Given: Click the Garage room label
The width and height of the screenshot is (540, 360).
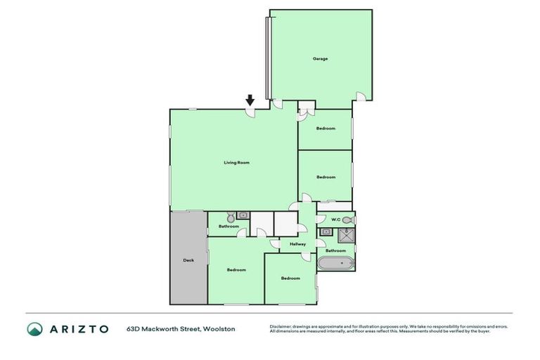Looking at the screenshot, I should point(321,58).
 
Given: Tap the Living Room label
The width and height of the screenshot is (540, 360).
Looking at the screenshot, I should point(237,162).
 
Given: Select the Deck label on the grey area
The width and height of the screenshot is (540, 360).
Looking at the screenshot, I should point(188,260).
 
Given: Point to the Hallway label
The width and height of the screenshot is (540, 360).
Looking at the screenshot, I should point(298,244).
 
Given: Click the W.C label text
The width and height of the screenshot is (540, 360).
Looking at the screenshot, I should point(335,220).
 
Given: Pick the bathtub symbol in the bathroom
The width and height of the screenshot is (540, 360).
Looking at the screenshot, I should point(336,264).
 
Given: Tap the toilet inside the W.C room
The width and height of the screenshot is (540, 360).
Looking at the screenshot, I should point(348,220).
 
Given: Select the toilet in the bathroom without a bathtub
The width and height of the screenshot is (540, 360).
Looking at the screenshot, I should point(230,217).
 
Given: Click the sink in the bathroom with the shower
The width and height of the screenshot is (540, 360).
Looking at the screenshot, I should point(326,232).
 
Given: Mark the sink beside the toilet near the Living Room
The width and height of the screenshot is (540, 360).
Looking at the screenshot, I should point(243,215).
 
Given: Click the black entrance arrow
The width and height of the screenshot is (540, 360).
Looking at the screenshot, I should point(250,100).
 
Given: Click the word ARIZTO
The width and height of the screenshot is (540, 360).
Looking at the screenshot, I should point(79,328).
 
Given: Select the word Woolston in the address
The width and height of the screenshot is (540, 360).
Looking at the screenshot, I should point(219,328).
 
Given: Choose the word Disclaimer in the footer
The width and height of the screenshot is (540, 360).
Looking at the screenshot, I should point(282,326).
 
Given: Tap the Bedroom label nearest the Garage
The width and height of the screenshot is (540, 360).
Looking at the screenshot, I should point(326,128).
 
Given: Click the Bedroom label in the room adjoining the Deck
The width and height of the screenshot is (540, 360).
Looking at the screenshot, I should point(236,270).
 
